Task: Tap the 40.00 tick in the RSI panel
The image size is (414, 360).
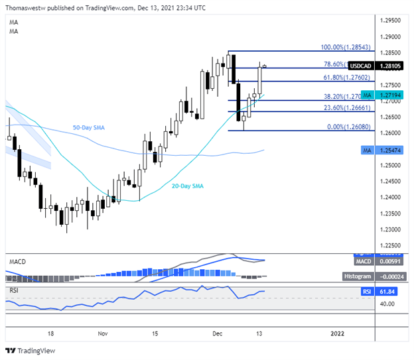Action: [388, 303]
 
